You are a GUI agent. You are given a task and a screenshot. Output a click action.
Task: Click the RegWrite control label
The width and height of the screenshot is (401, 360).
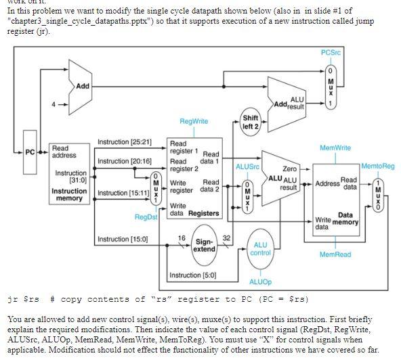pyautogui.click(x=194, y=121)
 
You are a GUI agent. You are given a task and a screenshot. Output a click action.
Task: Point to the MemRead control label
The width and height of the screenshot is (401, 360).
pyautogui.click(x=335, y=254)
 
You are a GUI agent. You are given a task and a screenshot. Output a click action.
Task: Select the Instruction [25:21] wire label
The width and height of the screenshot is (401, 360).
pyautogui.click(x=125, y=141)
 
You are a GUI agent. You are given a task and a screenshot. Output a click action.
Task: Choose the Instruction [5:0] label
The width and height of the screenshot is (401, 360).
pyautogui.click(x=194, y=275)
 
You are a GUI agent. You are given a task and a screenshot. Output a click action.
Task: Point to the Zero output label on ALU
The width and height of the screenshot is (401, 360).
pyautogui.click(x=289, y=169)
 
